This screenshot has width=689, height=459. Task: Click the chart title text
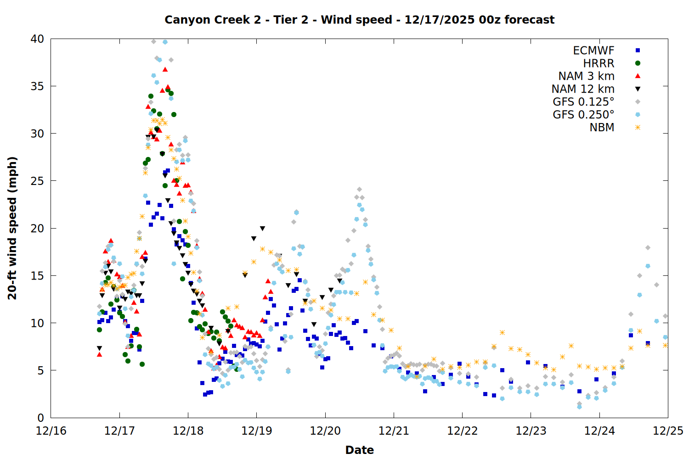tap(359, 20)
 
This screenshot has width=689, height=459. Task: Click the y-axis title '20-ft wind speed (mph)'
tap(12, 228)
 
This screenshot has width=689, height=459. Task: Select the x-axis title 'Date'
tap(359, 450)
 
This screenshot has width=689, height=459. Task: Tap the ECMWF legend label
tap(593, 50)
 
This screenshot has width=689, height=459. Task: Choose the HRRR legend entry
tap(599, 63)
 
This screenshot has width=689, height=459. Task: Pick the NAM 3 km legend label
tap(586, 76)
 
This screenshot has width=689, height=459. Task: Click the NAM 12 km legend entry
tap(583, 89)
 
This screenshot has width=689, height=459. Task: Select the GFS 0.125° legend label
tap(583, 102)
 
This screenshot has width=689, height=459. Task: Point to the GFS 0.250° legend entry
tap(583, 115)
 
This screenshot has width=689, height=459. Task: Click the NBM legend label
tap(602, 128)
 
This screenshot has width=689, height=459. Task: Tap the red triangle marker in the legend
tap(638, 76)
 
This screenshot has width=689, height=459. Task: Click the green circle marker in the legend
tap(638, 63)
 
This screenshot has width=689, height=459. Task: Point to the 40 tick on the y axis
tap(38, 39)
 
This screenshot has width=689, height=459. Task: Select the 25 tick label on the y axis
tap(38, 181)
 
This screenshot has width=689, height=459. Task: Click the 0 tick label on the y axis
tap(41, 418)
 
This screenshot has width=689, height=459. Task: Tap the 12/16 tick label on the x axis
tap(51, 431)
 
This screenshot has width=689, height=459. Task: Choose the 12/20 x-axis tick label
tap(325, 431)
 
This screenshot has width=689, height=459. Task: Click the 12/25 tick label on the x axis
tap(668, 431)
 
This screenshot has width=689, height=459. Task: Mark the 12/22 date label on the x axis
tap(462, 431)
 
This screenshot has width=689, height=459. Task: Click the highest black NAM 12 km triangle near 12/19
tap(262, 229)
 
